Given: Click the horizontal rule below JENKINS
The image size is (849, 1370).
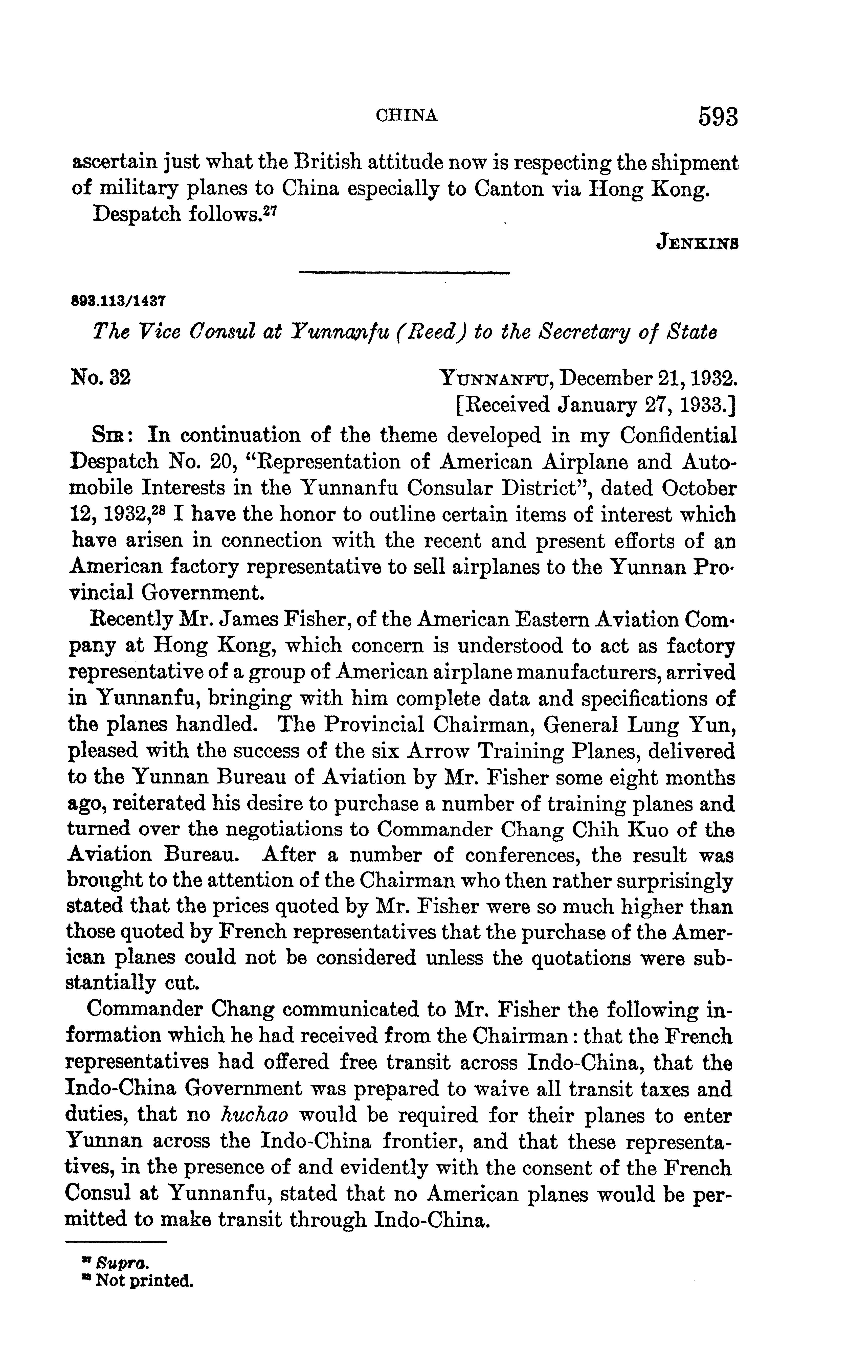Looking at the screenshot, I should coord(404,273).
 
